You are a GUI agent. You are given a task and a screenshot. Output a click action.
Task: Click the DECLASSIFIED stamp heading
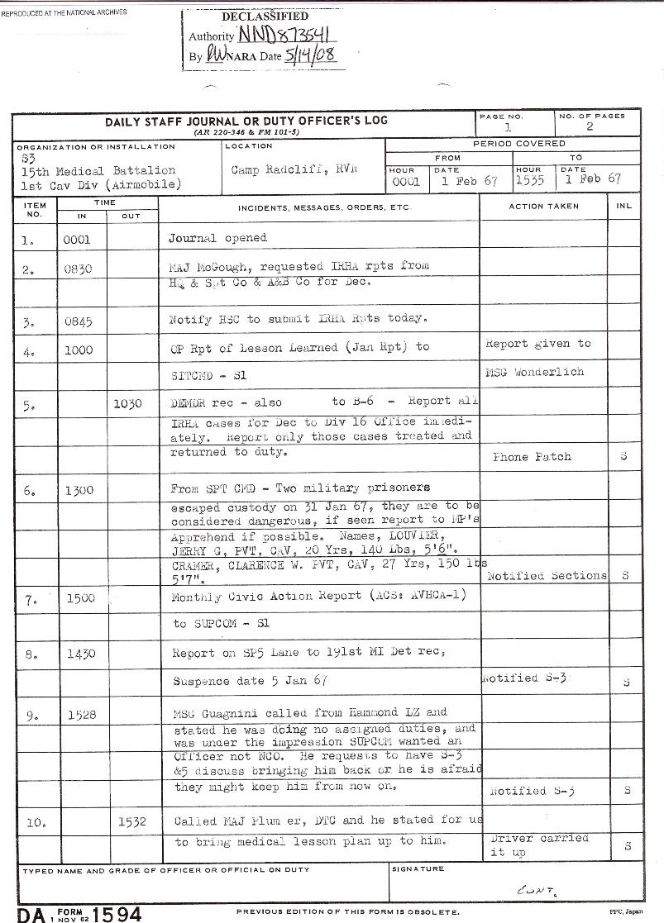coord(265,17)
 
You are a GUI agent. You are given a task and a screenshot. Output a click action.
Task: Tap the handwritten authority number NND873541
coord(284,36)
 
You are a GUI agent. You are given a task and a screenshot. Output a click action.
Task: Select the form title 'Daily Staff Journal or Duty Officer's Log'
coord(246,121)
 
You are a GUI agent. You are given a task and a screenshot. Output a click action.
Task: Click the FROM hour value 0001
coord(406,180)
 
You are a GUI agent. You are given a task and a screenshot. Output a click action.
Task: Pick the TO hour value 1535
coord(529,179)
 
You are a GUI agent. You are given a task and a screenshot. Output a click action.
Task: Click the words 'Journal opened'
coord(217,238)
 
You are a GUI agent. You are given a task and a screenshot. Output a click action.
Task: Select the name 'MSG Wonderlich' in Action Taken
coord(534,372)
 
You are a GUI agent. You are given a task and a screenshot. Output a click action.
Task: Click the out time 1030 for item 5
coord(129,402)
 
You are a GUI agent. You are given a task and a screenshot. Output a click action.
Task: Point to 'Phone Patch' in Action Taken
coord(532,457)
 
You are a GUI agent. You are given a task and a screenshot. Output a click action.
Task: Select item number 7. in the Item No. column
coord(31,601)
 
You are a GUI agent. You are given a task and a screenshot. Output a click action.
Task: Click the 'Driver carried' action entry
coord(539,838)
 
